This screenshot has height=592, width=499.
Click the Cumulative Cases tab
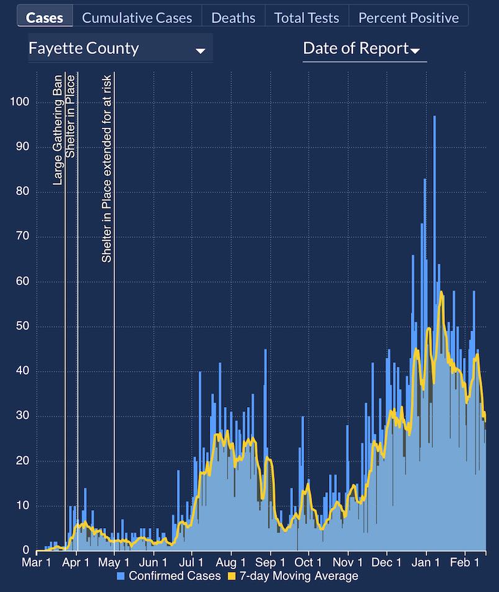click(x=137, y=17)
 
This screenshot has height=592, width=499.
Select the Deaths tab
click(x=233, y=17)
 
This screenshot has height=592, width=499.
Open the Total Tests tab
click(x=307, y=17)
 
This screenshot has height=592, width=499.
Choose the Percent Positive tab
click(x=408, y=17)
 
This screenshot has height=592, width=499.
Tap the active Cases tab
click(x=45, y=17)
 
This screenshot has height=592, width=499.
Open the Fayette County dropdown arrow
click(x=200, y=51)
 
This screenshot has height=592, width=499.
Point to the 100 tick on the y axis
click(x=20, y=102)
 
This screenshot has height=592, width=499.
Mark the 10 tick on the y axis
click(x=22, y=506)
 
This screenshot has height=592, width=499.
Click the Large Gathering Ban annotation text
click(x=58, y=130)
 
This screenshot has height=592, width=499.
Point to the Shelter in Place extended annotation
click(x=107, y=168)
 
